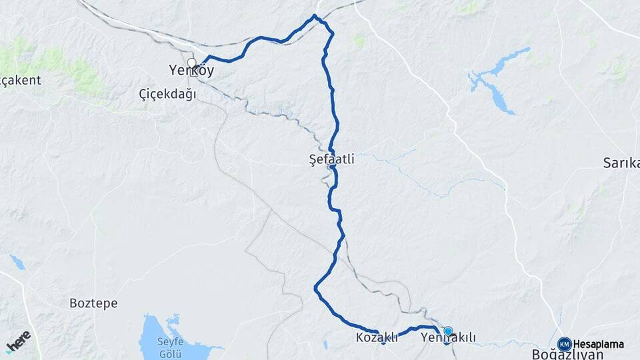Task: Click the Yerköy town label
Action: [191, 70]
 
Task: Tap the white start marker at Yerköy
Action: [192, 63]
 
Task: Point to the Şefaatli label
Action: [332, 159]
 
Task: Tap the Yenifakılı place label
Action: [449, 338]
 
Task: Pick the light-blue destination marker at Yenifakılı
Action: [448, 331]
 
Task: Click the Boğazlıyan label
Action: [567, 354]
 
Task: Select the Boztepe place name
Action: [93, 303]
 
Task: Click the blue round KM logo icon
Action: [564, 343]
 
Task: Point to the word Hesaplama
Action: [599, 344]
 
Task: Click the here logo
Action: [18, 341]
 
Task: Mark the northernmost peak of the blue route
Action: [315, 15]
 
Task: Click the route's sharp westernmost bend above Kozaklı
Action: [315, 287]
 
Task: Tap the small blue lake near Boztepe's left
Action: [17, 261]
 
